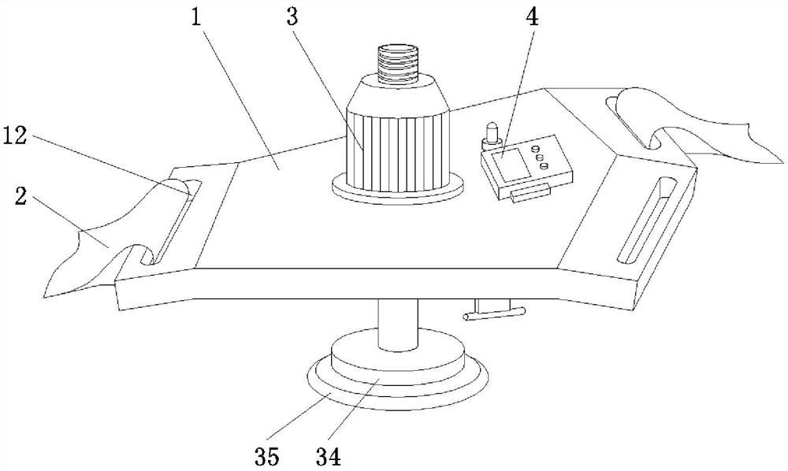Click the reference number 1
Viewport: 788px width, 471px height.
click(195, 18)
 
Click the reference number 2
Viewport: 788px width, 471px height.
click(20, 197)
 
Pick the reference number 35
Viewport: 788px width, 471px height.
click(266, 457)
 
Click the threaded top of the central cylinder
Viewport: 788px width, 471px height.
click(397, 63)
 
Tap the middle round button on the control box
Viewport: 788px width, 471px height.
click(541, 158)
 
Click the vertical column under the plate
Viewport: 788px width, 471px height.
click(398, 325)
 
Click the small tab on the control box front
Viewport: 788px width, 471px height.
click(529, 193)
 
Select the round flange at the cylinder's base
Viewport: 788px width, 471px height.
click(397, 187)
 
